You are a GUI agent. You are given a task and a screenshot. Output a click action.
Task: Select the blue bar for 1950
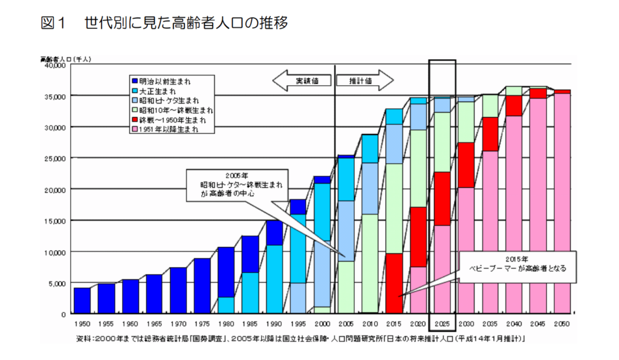click(x=82, y=300)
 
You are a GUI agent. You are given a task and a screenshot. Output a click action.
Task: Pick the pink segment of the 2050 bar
click(x=562, y=203)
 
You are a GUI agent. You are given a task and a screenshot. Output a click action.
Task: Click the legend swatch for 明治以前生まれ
click(x=135, y=80)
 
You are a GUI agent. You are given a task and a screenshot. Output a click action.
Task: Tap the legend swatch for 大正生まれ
click(x=135, y=89)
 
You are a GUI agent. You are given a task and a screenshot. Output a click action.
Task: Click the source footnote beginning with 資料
click(x=300, y=338)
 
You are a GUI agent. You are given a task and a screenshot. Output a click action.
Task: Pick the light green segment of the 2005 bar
click(x=346, y=287)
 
